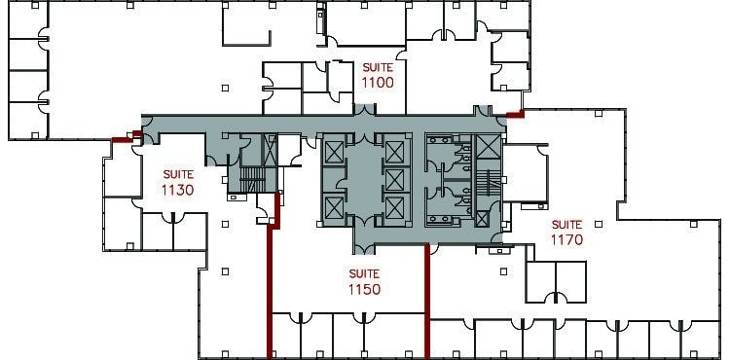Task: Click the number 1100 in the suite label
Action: pos(378,83)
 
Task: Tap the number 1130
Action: pos(178,190)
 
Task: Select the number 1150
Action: pos(363,289)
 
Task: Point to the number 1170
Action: pos(566,238)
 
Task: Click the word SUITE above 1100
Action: pos(378,67)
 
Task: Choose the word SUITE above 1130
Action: pos(178,174)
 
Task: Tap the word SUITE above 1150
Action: pos(363,273)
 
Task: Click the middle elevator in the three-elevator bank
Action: pos(395,178)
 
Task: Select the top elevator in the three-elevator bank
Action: pos(395,151)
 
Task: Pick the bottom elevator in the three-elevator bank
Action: pos(395,206)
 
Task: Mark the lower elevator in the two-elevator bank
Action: pos(334,206)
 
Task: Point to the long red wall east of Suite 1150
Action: pos(428,302)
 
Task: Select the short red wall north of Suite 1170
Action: pos(515,114)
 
